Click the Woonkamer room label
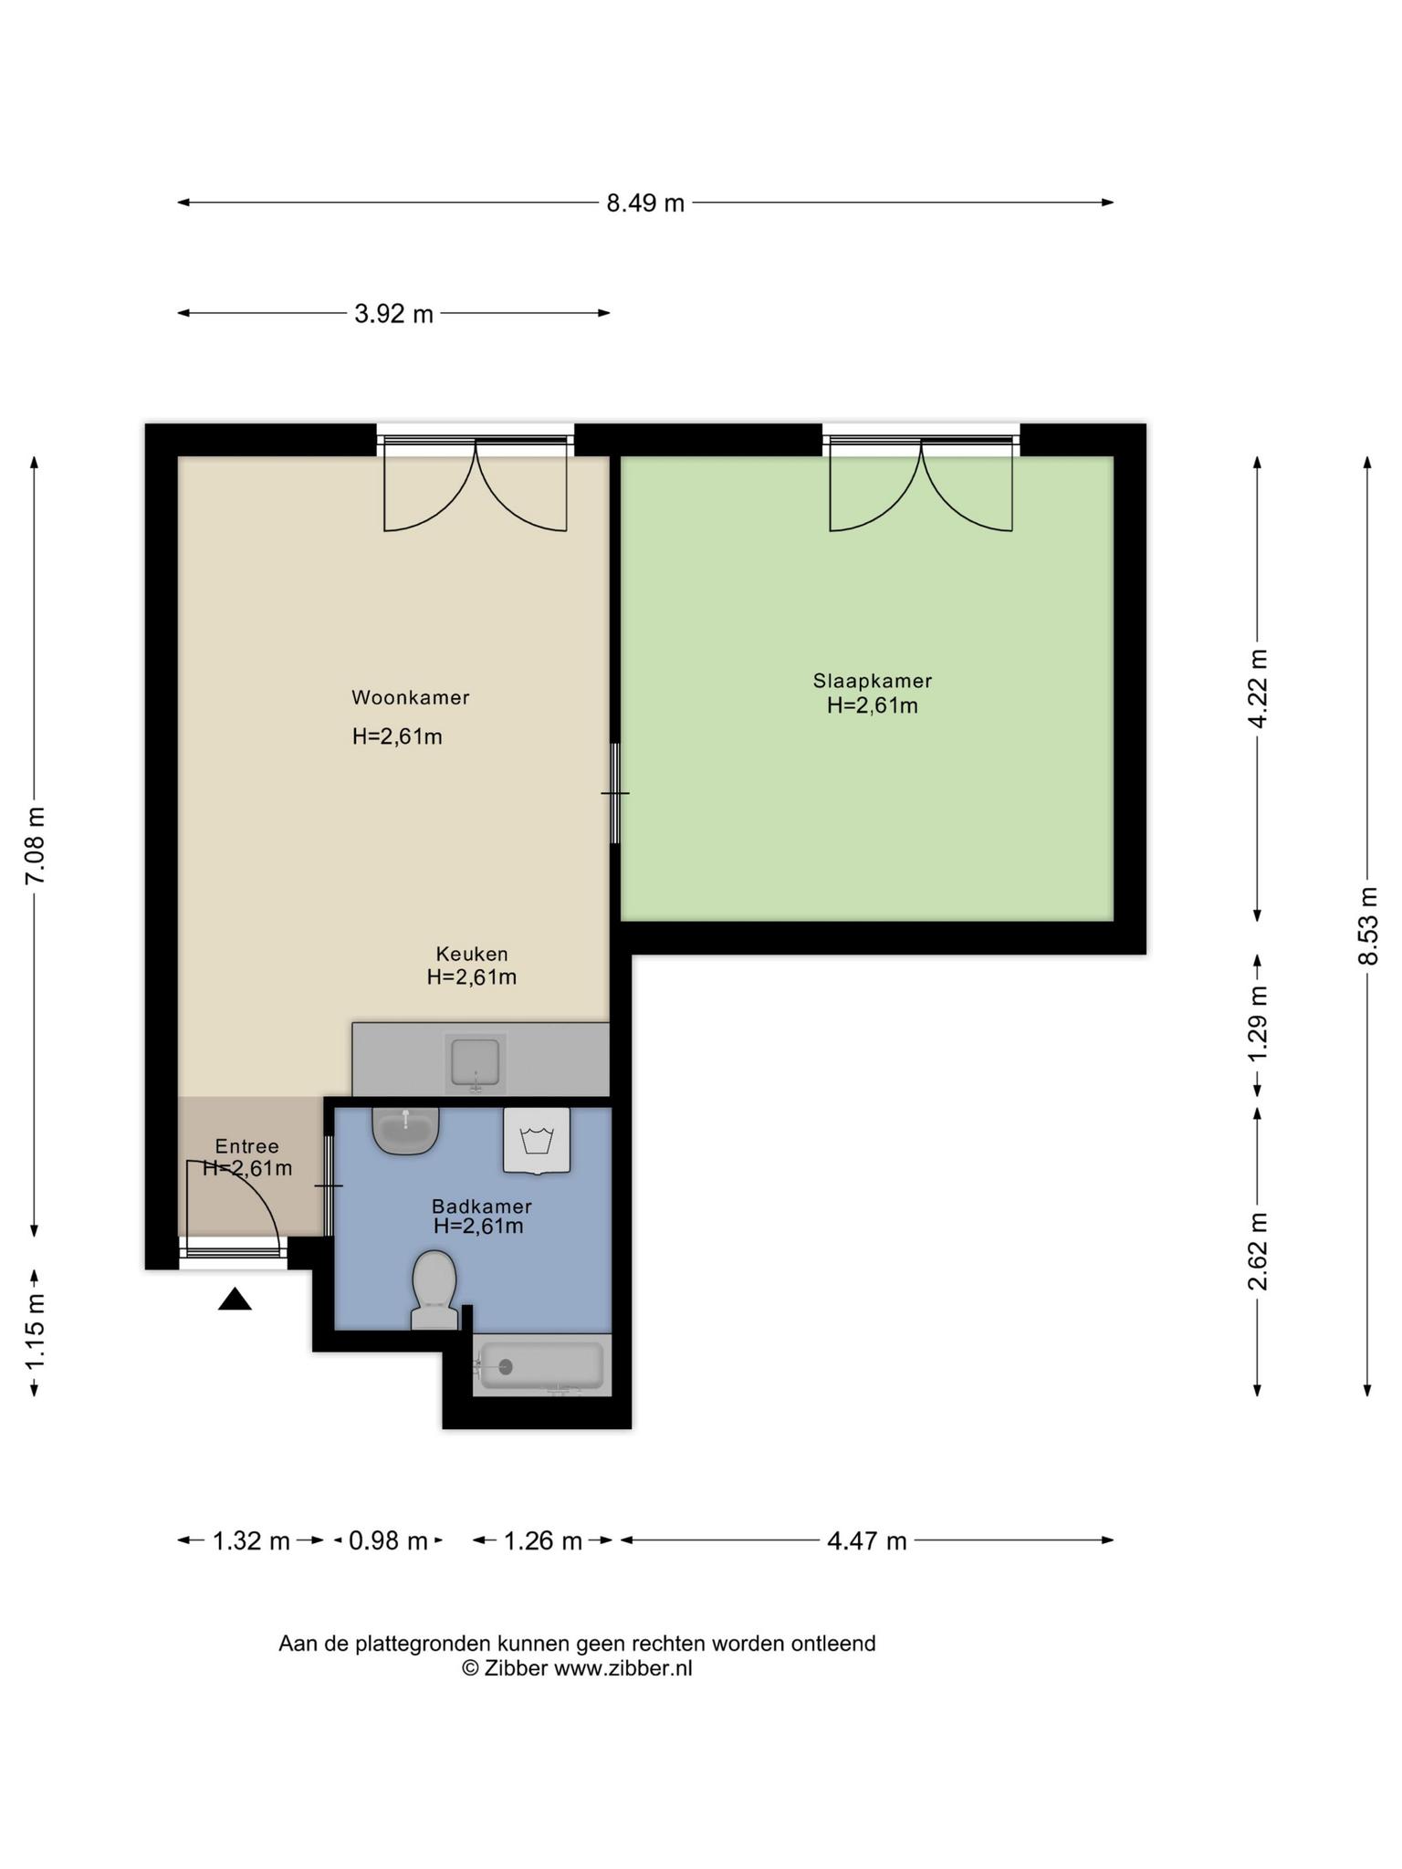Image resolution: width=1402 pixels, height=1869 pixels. (411, 698)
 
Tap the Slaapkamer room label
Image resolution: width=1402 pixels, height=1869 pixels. (873, 681)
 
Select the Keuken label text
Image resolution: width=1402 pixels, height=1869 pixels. (472, 955)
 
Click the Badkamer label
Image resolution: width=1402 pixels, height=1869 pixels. (481, 1206)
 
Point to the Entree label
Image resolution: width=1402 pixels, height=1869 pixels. (246, 1146)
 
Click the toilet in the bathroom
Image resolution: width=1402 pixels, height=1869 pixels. (434, 1287)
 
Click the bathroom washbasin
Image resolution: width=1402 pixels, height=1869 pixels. (406, 1130)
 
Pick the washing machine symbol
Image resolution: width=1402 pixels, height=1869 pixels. (537, 1141)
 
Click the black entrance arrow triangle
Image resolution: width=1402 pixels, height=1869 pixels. (235, 1300)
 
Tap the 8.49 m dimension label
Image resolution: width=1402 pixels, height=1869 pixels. (645, 203)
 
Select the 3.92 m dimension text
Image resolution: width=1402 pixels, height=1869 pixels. (393, 314)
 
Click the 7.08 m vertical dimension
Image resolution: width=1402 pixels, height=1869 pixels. (35, 845)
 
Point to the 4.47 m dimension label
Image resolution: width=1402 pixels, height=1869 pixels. (866, 1541)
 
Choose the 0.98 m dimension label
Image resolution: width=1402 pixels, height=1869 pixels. (388, 1541)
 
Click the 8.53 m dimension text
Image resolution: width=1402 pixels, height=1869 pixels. (1366, 925)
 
